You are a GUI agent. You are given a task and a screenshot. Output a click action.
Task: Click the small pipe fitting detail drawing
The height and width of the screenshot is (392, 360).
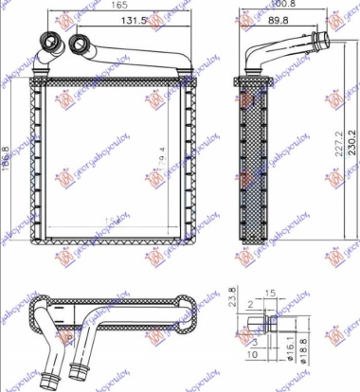pos(269,327)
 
